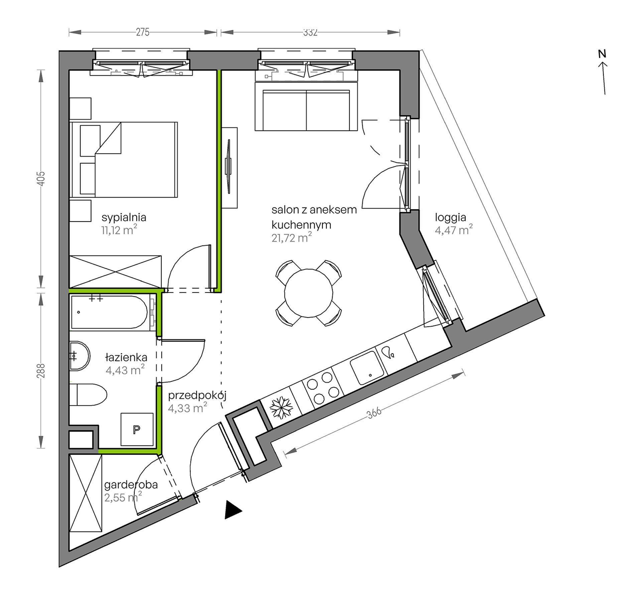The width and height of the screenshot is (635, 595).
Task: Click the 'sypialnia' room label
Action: pos(124,218)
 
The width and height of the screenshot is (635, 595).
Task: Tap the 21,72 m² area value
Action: pos(291,238)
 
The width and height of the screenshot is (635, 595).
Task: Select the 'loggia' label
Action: pos(451,218)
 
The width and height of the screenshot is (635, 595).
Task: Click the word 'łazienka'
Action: pos(126,357)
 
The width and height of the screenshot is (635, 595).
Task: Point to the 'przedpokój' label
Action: pos(197,396)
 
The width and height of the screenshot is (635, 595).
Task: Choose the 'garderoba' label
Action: pos(131,484)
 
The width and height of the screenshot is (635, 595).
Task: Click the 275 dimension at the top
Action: pos(143,32)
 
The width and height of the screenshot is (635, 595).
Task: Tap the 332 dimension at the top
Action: pos(310,32)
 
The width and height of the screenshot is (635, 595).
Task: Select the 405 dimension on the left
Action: pos(41,179)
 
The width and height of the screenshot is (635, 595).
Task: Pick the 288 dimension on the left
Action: pos(41,370)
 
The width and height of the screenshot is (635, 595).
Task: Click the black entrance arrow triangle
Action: pos(232,510)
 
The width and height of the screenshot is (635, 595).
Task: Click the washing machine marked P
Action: pos(137,429)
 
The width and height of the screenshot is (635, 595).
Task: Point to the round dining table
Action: pos(308,293)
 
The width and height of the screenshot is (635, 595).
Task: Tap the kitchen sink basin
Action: pos(367,367)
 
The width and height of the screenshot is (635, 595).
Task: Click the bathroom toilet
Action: pos(88,395)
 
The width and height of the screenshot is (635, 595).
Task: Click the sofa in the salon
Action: pos(306,106)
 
